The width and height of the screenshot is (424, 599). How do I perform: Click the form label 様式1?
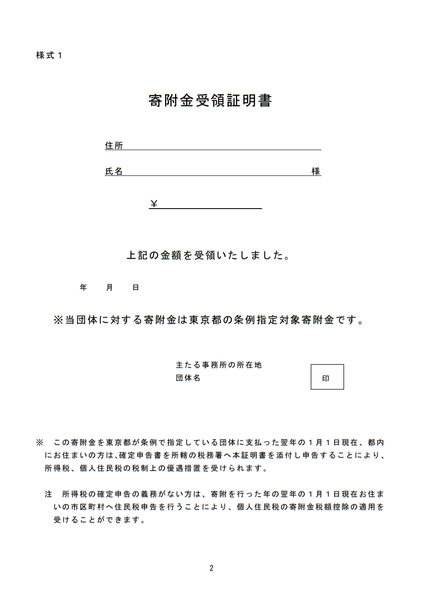[x=49, y=55]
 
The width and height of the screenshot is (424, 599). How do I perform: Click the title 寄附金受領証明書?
[x=210, y=101]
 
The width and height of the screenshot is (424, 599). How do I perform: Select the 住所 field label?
[x=114, y=146]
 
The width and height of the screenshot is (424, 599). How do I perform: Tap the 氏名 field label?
[x=114, y=171]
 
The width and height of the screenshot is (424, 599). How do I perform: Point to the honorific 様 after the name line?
[x=316, y=171]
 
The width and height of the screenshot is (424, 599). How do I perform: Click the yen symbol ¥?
[x=154, y=204]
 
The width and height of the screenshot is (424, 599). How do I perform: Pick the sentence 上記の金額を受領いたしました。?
[x=209, y=255]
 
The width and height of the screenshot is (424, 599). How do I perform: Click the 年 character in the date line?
[x=83, y=288]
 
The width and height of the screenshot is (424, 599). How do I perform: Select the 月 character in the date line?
[x=110, y=288]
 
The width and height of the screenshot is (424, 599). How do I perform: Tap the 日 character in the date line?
[x=136, y=288]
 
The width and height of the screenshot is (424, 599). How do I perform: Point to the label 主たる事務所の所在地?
[x=219, y=365]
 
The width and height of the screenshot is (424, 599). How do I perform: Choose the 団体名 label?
[x=188, y=378]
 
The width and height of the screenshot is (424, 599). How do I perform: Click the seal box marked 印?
[x=327, y=377]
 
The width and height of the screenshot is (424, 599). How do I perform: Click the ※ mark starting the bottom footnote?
[x=40, y=443]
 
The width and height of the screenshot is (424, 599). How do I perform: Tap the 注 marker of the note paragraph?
[x=48, y=494]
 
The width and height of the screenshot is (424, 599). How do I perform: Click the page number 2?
[x=211, y=568]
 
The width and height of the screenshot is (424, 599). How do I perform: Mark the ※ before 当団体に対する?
[x=58, y=320]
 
